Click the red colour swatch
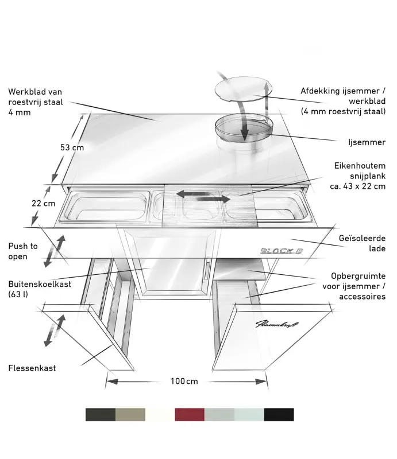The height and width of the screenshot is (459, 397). pyautogui.click(x=190, y=414)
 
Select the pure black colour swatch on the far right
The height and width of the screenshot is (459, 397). pyautogui.click(x=279, y=414)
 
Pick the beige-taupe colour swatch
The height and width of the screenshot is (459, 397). pyautogui.click(x=130, y=414)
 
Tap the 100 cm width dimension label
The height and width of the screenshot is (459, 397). pyautogui.click(x=184, y=381)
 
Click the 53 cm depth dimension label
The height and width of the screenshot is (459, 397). pyautogui.click(x=72, y=147)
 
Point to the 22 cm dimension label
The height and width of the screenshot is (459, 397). pyautogui.click(x=44, y=203)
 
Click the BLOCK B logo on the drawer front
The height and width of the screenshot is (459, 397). pyautogui.click(x=282, y=251)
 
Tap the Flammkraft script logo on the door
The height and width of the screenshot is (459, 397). pyautogui.click(x=277, y=324)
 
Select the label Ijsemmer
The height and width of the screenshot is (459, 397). pyautogui.click(x=367, y=142)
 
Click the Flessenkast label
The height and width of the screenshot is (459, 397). pyautogui.click(x=32, y=368)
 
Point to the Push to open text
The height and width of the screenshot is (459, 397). pyautogui.click(x=23, y=251)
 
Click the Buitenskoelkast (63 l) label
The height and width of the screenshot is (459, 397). pyautogui.click(x=40, y=289)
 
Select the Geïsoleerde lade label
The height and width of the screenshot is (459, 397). pyautogui.click(x=362, y=243)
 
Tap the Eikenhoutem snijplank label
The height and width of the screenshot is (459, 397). pyautogui.click(x=358, y=176)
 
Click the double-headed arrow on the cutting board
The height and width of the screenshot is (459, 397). pyautogui.click(x=203, y=196)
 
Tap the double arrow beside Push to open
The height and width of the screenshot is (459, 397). pyautogui.click(x=54, y=251)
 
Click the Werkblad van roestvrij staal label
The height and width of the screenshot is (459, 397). pyautogui.click(x=36, y=102)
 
